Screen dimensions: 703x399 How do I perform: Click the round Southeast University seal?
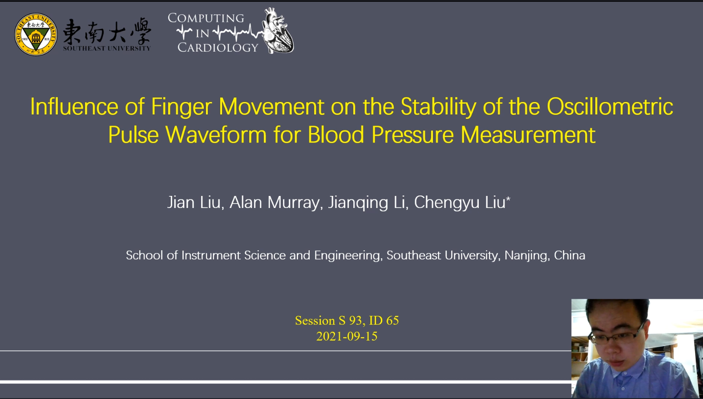pos(36,34)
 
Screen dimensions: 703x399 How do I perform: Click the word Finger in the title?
pos(182,107)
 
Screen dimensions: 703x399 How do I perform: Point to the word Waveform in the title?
pos(216,135)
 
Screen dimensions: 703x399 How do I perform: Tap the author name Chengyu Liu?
pos(462,203)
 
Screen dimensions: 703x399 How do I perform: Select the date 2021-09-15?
pos(347,337)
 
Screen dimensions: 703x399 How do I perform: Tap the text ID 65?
pos(384,321)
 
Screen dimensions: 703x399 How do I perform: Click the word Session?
pos(315,321)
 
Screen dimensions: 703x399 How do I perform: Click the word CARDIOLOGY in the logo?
pos(218,48)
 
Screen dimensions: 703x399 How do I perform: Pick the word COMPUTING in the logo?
pos(206,18)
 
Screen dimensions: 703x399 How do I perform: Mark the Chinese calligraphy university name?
pos(107,31)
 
